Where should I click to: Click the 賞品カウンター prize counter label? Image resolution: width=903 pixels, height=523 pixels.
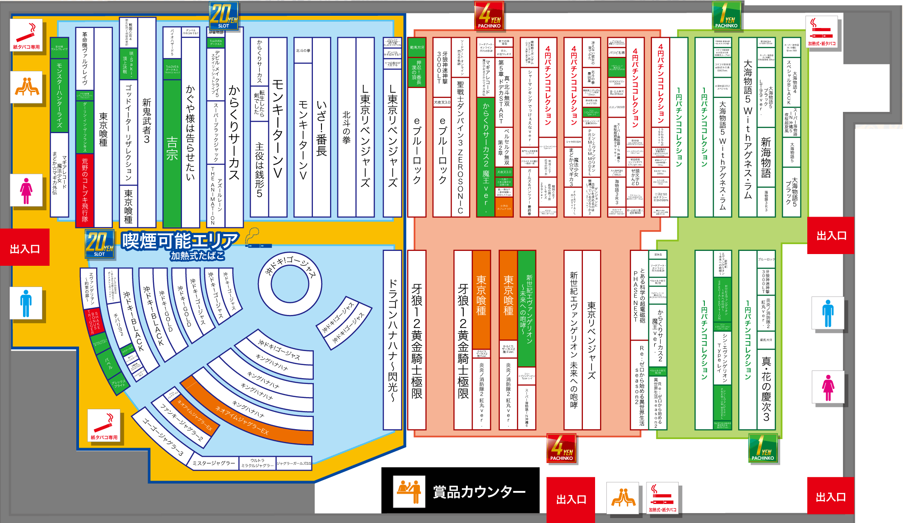pyautogui.click(x=479, y=491)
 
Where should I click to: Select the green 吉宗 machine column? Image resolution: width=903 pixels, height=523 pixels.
pyautogui.click(x=172, y=149)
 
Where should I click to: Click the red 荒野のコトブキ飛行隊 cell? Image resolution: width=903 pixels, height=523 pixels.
pyautogui.click(x=85, y=190)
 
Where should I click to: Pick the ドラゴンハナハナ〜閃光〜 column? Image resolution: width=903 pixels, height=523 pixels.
pyautogui.click(x=392, y=341)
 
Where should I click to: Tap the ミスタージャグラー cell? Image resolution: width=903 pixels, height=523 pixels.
pyautogui.click(x=214, y=463)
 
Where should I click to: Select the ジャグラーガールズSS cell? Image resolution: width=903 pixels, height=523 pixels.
pyautogui.click(x=294, y=463)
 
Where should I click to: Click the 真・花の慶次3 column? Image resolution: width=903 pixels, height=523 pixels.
pyautogui.click(x=766, y=388)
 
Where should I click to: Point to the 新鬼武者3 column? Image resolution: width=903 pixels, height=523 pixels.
pyautogui.click(x=147, y=122)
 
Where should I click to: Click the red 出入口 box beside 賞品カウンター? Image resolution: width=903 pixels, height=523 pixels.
pyautogui.click(x=571, y=500)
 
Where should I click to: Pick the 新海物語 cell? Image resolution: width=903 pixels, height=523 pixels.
pyautogui.click(x=766, y=158)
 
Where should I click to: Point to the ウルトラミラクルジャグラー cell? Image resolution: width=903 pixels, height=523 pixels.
pyautogui.click(x=257, y=463)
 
